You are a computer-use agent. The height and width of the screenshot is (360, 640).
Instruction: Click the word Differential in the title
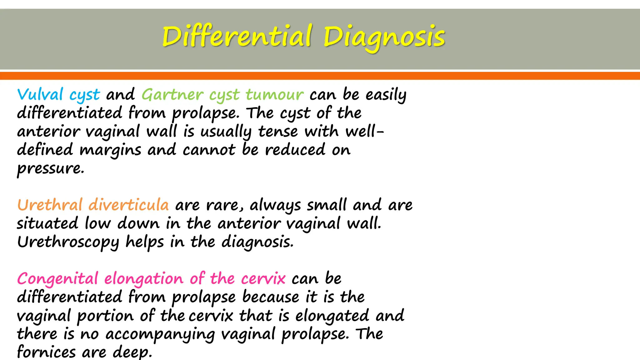tap(237, 37)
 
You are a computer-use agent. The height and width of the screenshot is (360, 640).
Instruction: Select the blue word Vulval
tap(40, 94)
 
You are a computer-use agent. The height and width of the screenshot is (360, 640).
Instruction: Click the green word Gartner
tap(172, 94)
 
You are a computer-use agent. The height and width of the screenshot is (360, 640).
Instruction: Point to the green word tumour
tap(274, 94)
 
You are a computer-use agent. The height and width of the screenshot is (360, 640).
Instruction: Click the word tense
tap(278, 131)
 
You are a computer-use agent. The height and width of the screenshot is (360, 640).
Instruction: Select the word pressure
tap(50, 169)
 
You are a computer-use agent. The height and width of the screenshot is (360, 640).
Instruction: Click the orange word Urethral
tap(50, 205)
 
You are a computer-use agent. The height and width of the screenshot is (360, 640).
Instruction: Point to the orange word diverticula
tap(129, 205)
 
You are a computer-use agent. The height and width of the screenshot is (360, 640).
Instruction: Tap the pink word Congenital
tap(57, 279)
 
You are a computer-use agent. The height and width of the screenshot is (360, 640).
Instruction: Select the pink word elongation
tap(143, 279)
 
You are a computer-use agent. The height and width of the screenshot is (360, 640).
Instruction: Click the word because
tap(271, 297)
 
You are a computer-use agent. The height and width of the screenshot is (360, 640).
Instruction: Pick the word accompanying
tap(160, 334)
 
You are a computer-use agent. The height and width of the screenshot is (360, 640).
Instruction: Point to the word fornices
tap(46, 352)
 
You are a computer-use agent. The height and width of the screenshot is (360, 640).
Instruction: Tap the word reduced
tap(295, 150)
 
